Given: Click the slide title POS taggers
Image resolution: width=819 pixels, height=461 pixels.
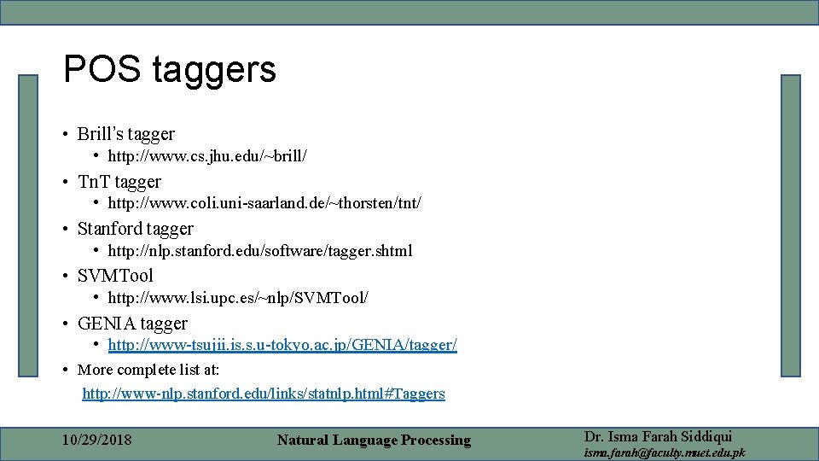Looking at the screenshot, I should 170,69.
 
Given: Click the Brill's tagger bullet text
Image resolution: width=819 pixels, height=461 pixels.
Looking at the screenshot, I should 125,134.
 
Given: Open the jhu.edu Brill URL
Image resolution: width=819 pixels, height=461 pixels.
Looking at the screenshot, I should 207,156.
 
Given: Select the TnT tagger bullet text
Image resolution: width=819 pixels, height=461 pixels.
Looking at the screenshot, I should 119,182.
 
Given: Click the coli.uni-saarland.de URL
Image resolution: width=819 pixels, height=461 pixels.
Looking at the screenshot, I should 264,203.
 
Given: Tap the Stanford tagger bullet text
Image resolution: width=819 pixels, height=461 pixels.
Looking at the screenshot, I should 135,229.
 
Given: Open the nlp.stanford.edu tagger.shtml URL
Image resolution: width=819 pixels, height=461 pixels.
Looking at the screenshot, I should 260,251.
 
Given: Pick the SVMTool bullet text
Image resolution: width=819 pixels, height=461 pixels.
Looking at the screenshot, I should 115,276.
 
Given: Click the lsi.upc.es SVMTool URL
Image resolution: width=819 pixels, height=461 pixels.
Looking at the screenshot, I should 238,298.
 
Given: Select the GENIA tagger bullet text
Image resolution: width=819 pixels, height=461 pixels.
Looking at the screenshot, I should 132,324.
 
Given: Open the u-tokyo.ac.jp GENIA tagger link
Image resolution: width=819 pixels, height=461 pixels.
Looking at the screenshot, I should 282,345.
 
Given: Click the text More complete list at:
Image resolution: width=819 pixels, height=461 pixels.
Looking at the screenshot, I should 148,370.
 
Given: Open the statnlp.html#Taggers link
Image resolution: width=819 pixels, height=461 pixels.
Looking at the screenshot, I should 264,394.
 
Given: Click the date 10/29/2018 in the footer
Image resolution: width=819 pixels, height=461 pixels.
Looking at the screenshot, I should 97,441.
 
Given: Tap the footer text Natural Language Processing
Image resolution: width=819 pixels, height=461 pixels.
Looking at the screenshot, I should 374,441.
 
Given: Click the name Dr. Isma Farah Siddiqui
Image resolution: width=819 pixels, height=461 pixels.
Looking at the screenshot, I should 658,436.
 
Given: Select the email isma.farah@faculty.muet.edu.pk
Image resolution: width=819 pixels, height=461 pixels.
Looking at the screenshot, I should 664,452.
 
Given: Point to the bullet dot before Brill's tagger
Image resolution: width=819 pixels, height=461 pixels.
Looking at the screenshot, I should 66,135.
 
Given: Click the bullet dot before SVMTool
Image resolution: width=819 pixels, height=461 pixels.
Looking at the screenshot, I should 66,277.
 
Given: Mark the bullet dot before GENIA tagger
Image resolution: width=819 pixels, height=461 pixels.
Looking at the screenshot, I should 66,324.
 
